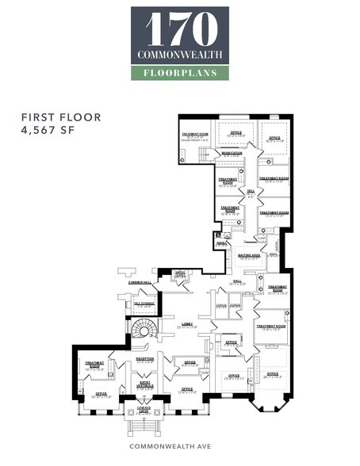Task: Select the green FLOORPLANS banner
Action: [x=179, y=73]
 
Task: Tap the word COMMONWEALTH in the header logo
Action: [x=179, y=55]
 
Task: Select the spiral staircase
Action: [x=144, y=328]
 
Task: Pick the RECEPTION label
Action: [x=145, y=358]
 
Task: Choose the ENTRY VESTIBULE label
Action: [x=145, y=384]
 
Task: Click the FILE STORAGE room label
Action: [x=145, y=303]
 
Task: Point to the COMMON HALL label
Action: [x=130, y=281]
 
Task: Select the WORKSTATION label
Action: [x=232, y=153]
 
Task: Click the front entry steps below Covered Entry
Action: [x=144, y=428]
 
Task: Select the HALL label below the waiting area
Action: [x=238, y=281]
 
